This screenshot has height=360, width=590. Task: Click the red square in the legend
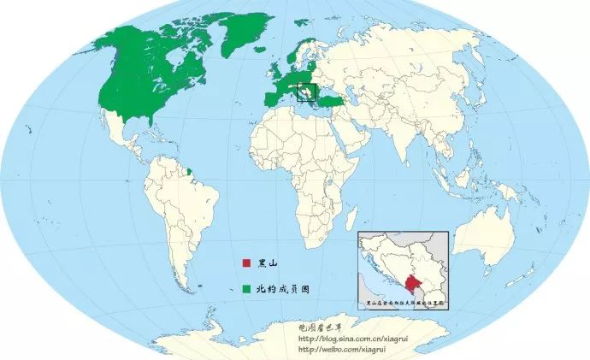pyautogui.click(x=245, y=263)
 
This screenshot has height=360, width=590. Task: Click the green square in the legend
pyautogui.click(x=245, y=289)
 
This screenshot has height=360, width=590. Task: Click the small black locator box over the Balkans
pyautogui.click(x=304, y=91)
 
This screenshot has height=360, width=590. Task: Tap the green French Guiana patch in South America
pyautogui.click(x=190, y=169)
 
